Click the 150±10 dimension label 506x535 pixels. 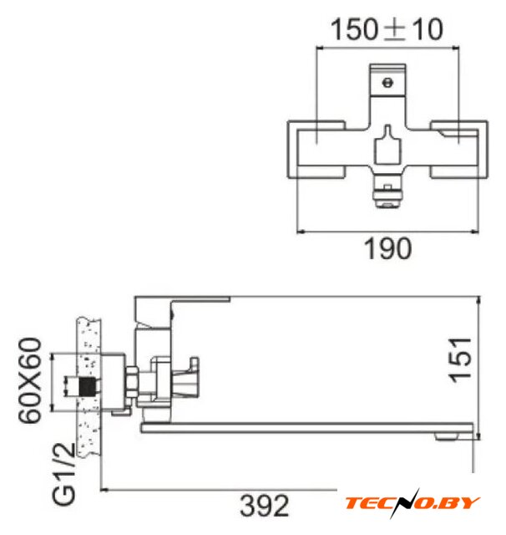coord(387,30)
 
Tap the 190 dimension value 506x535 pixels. coord(387,248)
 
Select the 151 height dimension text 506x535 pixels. coord(461,360)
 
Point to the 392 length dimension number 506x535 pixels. coord(265,506)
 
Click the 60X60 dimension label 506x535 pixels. coord(30,380)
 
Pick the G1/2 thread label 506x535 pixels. coord(63,473)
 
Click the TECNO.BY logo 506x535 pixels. coord(412,503)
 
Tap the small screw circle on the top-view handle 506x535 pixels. coord(387,83)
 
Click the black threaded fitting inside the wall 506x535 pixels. coord(87,386)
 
